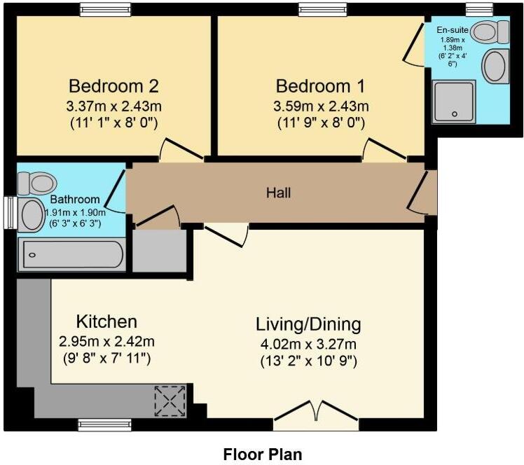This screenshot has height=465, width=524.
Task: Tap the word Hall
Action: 278,192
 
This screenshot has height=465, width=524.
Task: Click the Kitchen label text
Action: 106,322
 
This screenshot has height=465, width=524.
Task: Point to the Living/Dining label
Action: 308,324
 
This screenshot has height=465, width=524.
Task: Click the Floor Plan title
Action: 263,454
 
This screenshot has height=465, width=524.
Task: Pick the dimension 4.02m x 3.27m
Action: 308,344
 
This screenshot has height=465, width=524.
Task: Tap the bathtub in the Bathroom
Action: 71,255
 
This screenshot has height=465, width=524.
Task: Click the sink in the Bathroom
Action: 31,214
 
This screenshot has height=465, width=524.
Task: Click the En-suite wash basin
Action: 495,66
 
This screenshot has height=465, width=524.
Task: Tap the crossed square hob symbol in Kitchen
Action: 171,401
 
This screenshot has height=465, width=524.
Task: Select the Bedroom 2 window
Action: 104,9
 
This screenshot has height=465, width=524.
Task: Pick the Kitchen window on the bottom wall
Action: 97,424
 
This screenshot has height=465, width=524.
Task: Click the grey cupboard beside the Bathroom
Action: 159,250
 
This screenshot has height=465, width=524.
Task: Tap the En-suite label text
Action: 452,30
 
